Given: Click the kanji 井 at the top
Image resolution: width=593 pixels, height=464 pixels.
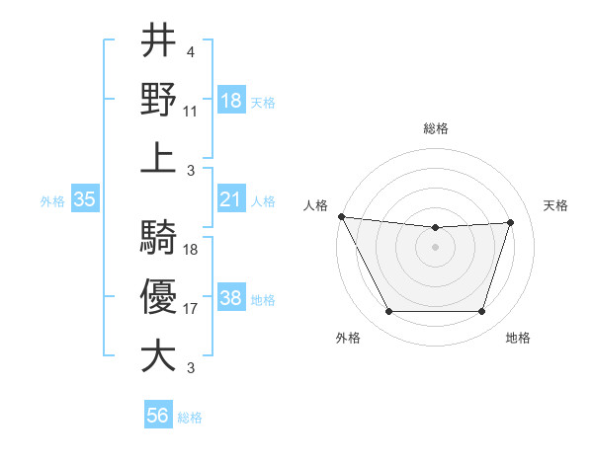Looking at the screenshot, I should coord(158,42).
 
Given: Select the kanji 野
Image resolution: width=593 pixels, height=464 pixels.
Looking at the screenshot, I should coord(158,100).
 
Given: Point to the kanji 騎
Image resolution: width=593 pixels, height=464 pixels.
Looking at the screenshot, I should coord(158,238).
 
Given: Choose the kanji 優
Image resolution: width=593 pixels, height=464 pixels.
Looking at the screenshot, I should coord(158,296).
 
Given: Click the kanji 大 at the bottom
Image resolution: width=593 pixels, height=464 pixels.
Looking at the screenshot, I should coord(158,354).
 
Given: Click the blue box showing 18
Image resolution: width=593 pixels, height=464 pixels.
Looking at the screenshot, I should coord(231,101).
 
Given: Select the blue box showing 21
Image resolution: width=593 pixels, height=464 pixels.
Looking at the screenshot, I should coord(231,199).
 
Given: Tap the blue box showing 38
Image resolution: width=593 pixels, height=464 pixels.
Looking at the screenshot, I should coord(231,298).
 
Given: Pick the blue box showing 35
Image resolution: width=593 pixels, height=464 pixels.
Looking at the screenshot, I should coord(84,199).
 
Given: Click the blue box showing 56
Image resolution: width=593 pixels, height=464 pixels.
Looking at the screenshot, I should coord(158,416).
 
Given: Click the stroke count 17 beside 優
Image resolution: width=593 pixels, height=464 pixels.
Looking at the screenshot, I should coord(191,309).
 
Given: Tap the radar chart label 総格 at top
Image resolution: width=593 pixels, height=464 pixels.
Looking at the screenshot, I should coord(436,128).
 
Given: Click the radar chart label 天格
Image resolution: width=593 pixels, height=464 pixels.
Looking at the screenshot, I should coord(556,205).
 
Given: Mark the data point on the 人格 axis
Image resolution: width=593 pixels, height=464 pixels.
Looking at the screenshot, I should coord(341,216).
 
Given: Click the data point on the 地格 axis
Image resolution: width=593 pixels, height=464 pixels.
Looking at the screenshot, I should coord(481,312).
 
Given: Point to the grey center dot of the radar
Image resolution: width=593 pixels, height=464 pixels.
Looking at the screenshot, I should coord(436,247).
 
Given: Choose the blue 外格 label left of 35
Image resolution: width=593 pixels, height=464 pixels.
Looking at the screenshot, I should coord(52,200).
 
